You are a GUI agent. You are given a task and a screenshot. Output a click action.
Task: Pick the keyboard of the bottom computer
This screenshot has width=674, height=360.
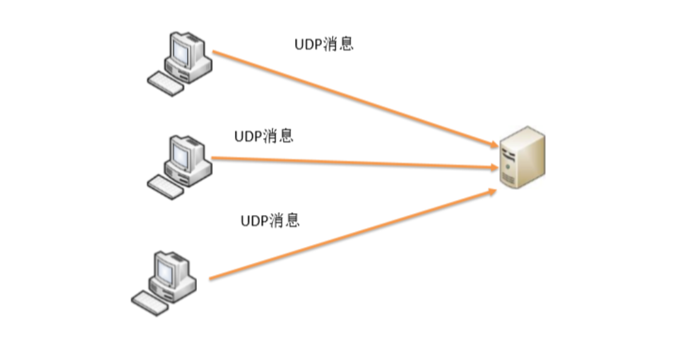tap(151, 302)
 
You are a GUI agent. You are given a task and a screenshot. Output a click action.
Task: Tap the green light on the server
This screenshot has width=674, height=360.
tap(507, 167)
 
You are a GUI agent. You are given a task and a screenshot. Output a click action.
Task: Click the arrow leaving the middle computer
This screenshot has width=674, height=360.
tap(351, 162)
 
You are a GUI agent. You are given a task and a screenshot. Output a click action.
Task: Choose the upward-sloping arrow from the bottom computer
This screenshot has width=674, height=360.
tap(351, 236)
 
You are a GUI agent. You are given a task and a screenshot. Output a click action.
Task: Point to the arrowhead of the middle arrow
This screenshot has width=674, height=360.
tap(492, 167)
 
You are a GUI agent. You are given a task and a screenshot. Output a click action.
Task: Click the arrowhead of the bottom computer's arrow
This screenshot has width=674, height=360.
tap(492, 191)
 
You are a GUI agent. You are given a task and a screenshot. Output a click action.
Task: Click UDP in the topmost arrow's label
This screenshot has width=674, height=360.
tap(308, 45)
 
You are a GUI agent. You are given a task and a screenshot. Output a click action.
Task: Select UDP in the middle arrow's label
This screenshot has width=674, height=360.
tap(248, 136)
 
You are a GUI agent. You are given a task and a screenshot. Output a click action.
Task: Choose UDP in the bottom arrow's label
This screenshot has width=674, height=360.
tap(254, 221)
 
